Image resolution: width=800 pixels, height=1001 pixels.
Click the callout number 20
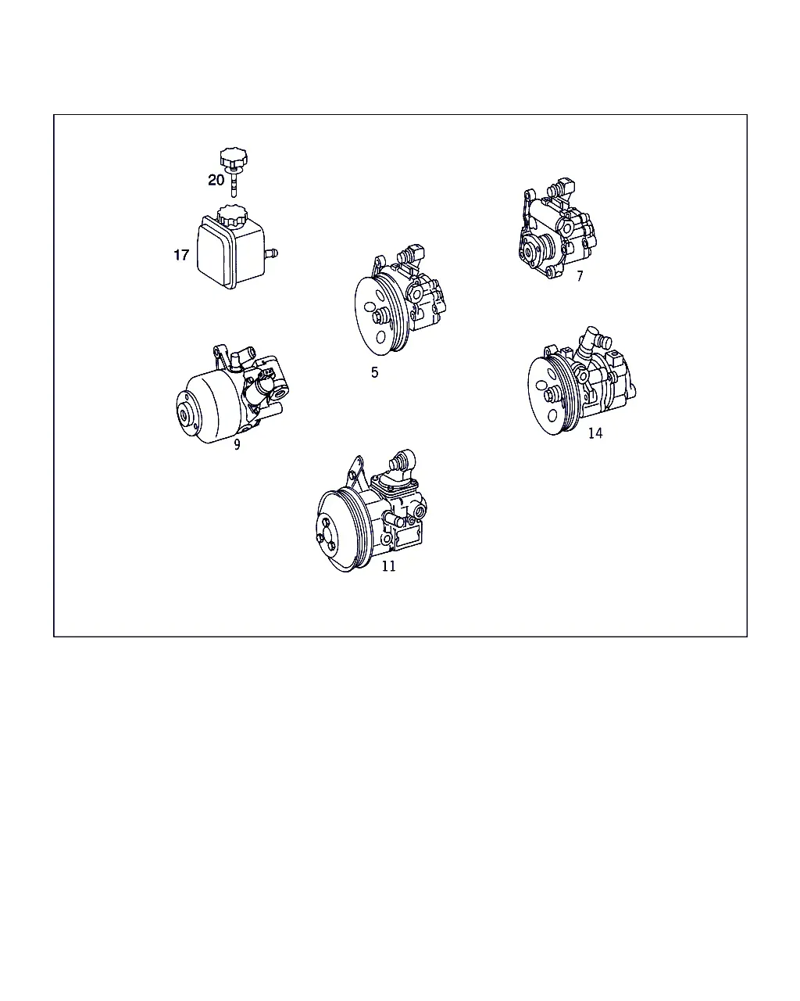(x=216, y=180)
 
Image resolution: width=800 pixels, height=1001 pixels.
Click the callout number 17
(x=181, y=255)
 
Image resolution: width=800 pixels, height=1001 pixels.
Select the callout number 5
(x=375, y=372)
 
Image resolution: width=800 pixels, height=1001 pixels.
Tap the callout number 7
(x=580, y=276)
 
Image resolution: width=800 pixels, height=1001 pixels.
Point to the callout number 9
(x=237, y=445)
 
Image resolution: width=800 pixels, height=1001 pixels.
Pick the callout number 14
(x=595, y=433)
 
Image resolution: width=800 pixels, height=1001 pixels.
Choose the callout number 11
(x=388, y=566)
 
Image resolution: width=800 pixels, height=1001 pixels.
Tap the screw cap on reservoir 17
(x=233, y=217)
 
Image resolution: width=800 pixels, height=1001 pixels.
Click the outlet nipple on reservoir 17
(x=271, y=254)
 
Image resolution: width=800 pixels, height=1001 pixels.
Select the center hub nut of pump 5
(x=380, y=317)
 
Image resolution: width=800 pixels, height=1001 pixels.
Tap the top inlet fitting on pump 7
(x=561, y=188)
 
